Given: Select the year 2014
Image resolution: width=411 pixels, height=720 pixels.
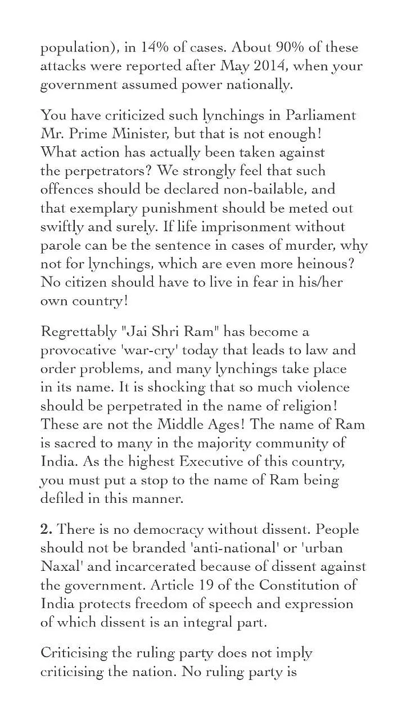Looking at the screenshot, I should coord(274,66).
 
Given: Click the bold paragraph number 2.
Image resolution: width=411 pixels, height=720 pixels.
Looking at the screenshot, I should coord(46,530).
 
